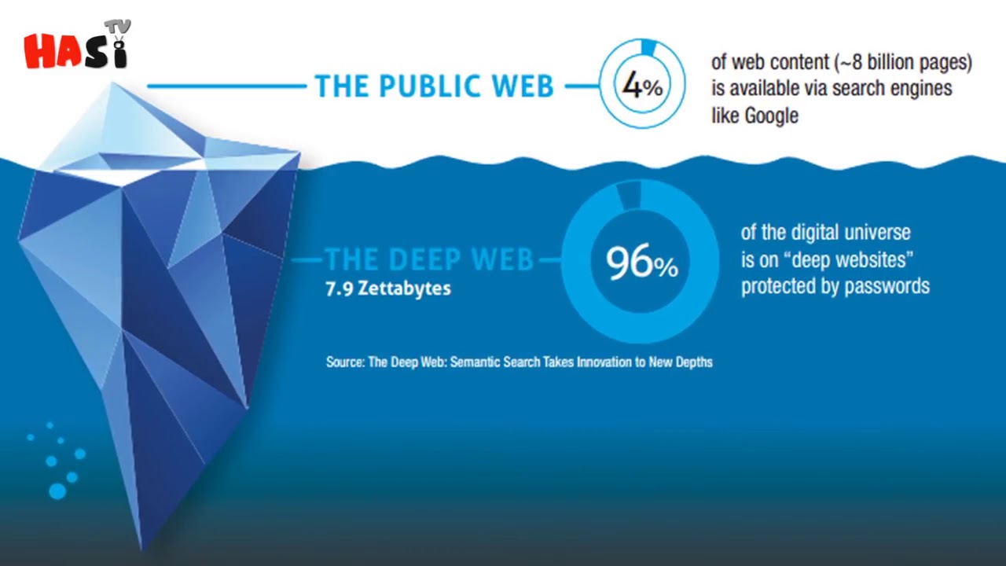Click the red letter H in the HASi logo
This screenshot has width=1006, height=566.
tap(39, 52)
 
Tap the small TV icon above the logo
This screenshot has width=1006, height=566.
tap(117, 28)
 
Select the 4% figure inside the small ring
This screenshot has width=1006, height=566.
tap(642, 86)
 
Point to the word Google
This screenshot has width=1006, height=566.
tap(772, 116)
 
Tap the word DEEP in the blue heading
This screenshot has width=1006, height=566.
tap(424, 259)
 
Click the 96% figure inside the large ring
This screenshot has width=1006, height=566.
tap(642, 262)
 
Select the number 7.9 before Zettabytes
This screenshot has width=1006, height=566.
tap(340, 289)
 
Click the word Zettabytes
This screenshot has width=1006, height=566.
tap(404, 289)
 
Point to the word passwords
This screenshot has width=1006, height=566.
tap(887, 287)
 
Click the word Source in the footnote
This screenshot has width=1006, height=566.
tap(345, 362)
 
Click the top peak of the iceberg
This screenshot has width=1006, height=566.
tap(112, 83)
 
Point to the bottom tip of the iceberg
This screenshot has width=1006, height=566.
tap(141, 549)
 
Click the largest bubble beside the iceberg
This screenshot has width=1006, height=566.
tap(57, 491)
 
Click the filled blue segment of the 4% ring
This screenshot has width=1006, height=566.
tap(648, 47)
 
